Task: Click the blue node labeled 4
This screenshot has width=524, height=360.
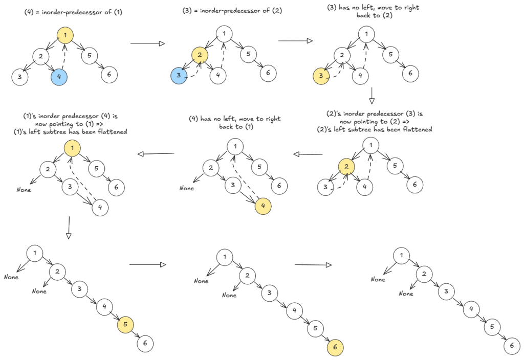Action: pos(59,78)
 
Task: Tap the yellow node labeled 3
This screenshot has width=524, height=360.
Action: pos(321,77)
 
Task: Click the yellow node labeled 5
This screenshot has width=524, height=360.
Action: pos(125,324)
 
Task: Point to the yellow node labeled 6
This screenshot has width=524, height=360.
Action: pos(336,348)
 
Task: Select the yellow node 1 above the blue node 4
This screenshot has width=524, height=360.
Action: pos(65,35)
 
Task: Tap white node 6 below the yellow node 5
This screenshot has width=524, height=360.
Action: pos(145,344)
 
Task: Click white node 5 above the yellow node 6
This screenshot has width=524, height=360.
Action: pos(316,328)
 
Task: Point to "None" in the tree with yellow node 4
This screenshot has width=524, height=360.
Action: pos(186,188)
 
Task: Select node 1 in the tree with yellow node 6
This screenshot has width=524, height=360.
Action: pos(224,257)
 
